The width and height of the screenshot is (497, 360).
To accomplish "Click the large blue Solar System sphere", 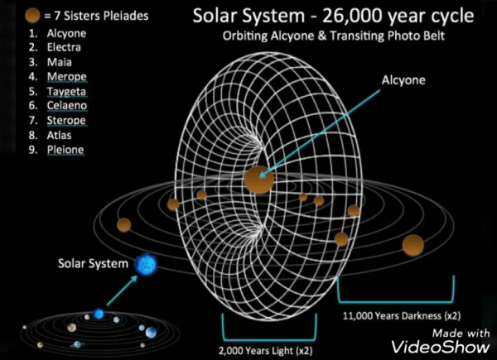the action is click(x=146, y=264).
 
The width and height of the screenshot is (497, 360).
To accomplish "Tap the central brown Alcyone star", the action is click(x=259, y=180).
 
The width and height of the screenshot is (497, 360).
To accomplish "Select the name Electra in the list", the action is click(x=64, y=47).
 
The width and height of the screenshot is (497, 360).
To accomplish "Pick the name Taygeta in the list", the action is click(x=66, y=92).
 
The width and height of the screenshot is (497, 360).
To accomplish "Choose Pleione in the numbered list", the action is click(x=65, y=150).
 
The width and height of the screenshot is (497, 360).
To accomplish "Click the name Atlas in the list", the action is click(x=60, y=135).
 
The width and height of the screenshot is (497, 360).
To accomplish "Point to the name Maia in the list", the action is click(x=60, y=62).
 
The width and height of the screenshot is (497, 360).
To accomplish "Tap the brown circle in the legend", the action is click(x=32, y=16).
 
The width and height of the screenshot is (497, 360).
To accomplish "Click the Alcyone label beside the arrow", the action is click(x=403, y=80).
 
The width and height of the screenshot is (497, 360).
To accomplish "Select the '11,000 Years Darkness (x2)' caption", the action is click(x=402, y=315).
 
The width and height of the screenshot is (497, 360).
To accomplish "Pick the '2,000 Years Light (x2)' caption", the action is click(x=266, y=351).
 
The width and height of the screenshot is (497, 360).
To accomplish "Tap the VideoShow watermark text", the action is click(x=441, y=347).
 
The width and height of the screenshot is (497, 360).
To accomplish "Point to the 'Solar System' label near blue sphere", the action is click(x=93, y=263).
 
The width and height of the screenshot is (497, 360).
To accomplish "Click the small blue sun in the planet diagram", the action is click(x=99, y=314).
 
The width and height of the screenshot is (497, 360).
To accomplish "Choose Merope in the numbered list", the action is click(x=67, y=77).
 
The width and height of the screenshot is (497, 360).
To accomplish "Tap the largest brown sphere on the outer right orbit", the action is click(x=413, y=246).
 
